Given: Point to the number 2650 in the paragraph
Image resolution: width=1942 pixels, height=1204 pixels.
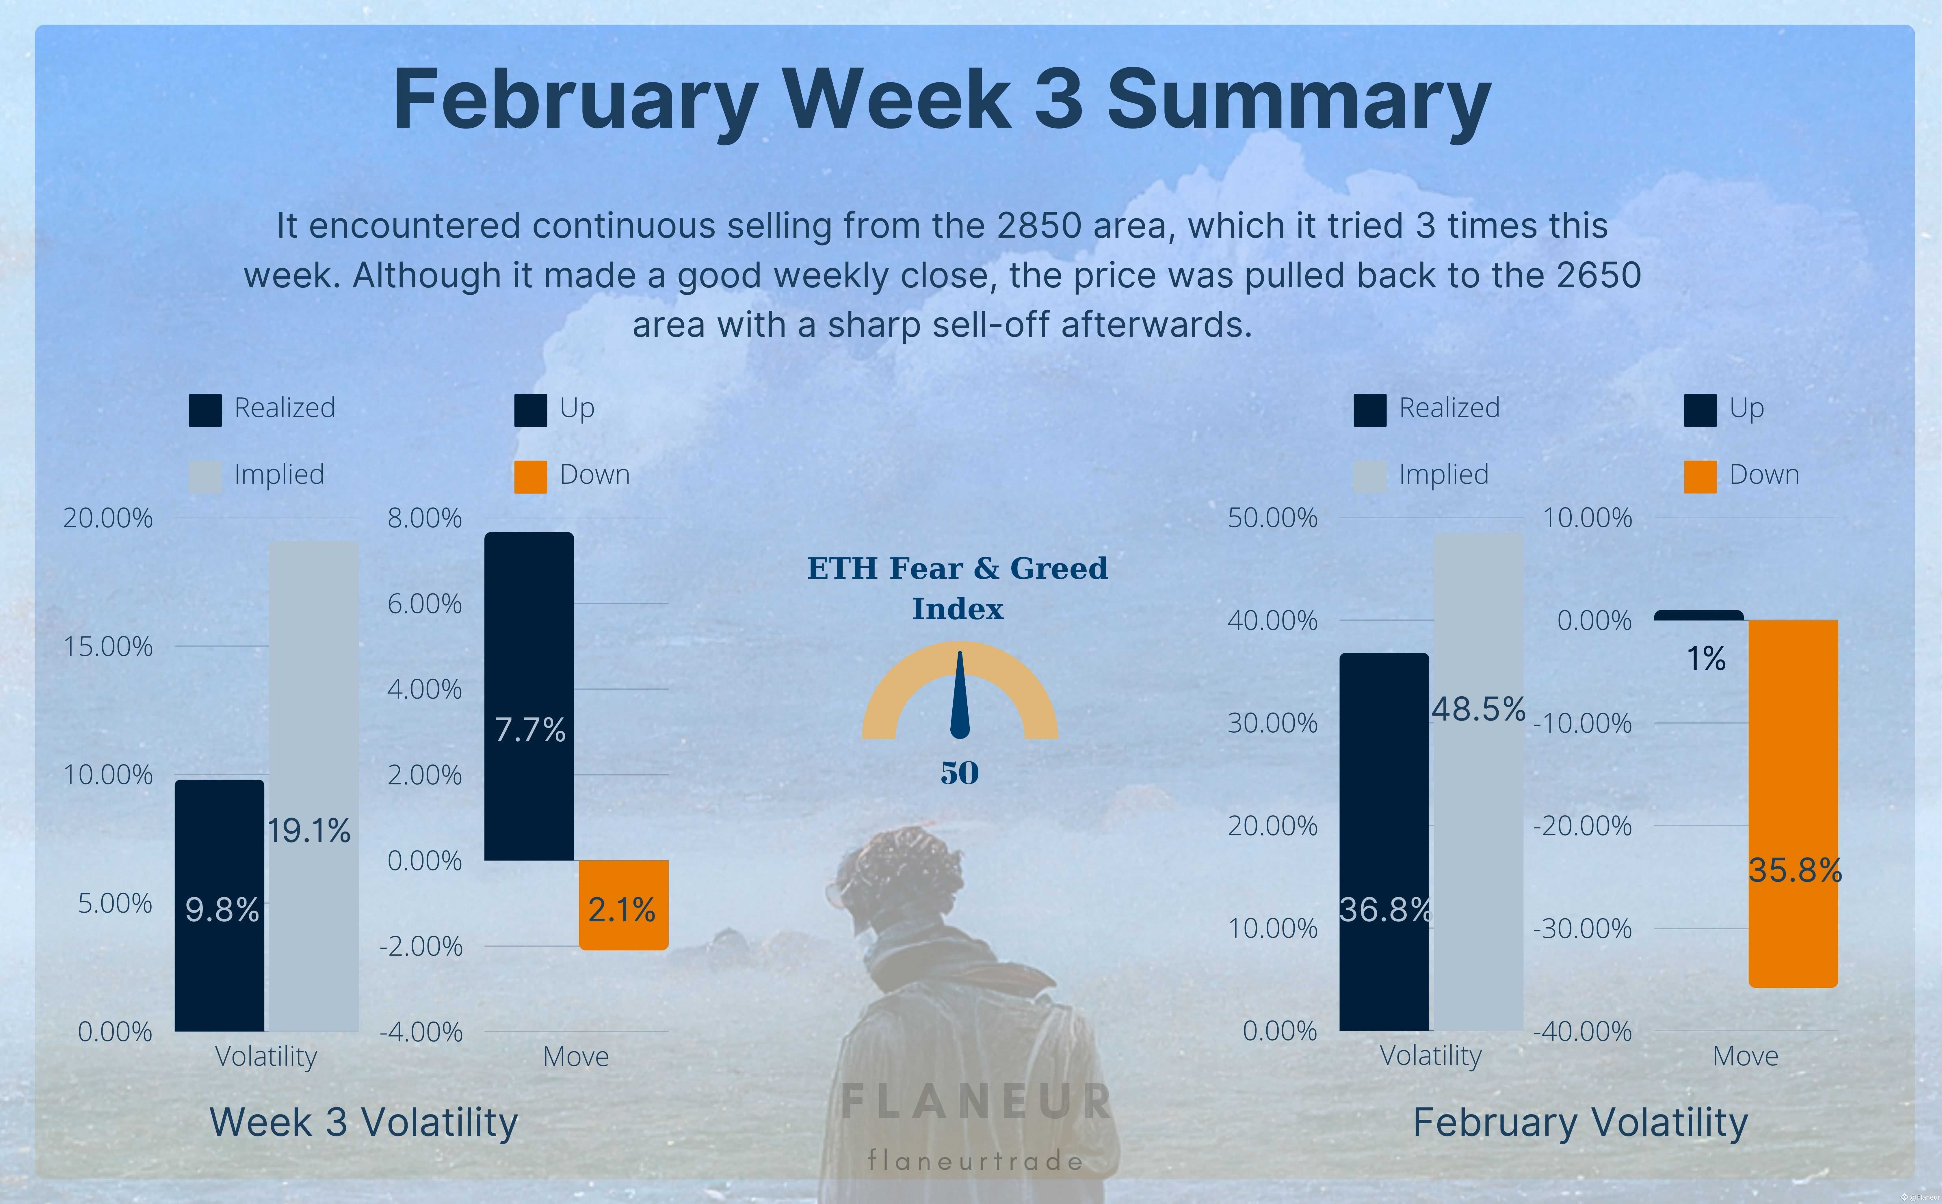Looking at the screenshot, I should pyautogui.click(x=1599, y=276).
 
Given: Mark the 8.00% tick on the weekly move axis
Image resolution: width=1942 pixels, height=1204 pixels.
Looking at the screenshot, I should pyautogui.click(x=424, y=518).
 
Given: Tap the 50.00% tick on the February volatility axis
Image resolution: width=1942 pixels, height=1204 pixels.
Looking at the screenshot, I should pyautogui.click(x=1272, y=518).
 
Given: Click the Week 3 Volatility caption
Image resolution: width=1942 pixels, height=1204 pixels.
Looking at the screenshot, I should pyautogui.click(x=364, y=1123).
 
